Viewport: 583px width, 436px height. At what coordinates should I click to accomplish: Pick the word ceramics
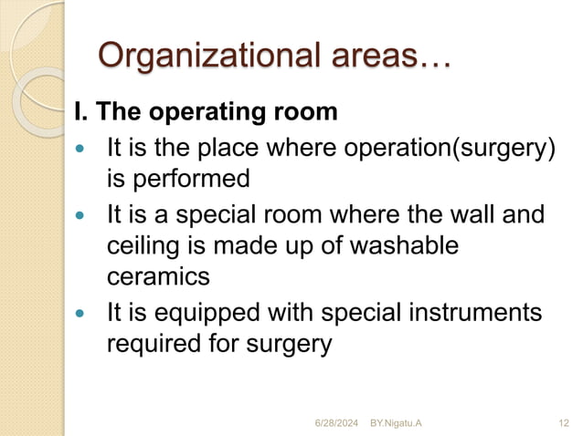point(158,275)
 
